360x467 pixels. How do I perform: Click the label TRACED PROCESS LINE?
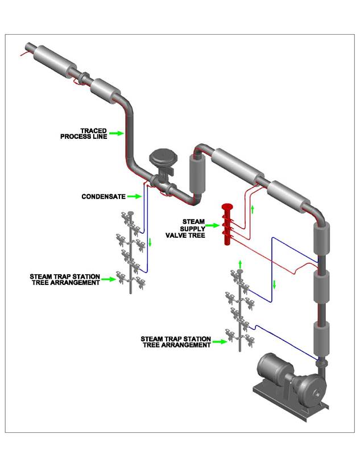(x=84, y=134)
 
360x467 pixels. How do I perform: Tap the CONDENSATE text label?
(x=102, y=197)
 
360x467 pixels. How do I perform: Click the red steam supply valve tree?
(x=227, y=225)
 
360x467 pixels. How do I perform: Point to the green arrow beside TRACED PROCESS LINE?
(x=117, y=134)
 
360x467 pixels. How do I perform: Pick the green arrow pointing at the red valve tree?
(x=212, y=226)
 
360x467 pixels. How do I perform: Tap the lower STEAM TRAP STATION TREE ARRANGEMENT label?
(x=176, y=342)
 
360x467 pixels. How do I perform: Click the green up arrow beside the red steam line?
(x=252, y=209)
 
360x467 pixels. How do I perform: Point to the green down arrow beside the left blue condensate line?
(x=151, y=243)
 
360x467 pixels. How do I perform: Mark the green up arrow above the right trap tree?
(x=240, y=263)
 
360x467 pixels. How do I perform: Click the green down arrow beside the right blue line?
(x=274, y=284)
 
